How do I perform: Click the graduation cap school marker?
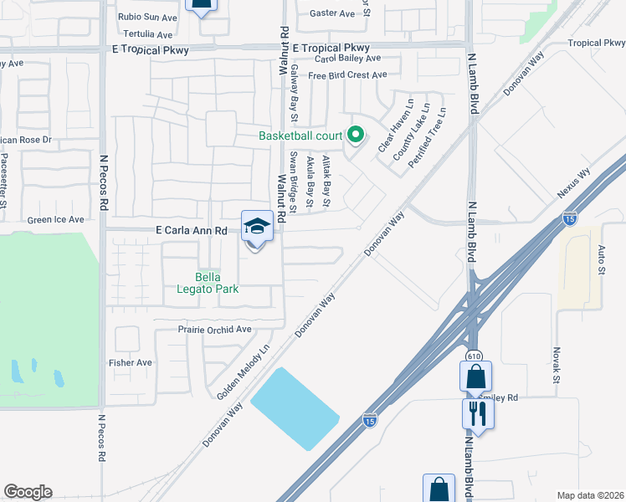tap(257, 226)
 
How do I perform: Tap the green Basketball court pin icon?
tap(355, 134)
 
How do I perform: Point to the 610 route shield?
tap(475, 356)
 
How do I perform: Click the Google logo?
tap(28, 492)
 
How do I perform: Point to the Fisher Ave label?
tap(131, 362)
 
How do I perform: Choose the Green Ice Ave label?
tap(56, 219)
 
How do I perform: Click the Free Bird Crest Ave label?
tap(347, 75)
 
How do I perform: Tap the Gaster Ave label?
tap(332, 13)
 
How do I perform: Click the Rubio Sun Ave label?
tap(147, 17)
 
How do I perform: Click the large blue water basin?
tap(295, 408)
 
